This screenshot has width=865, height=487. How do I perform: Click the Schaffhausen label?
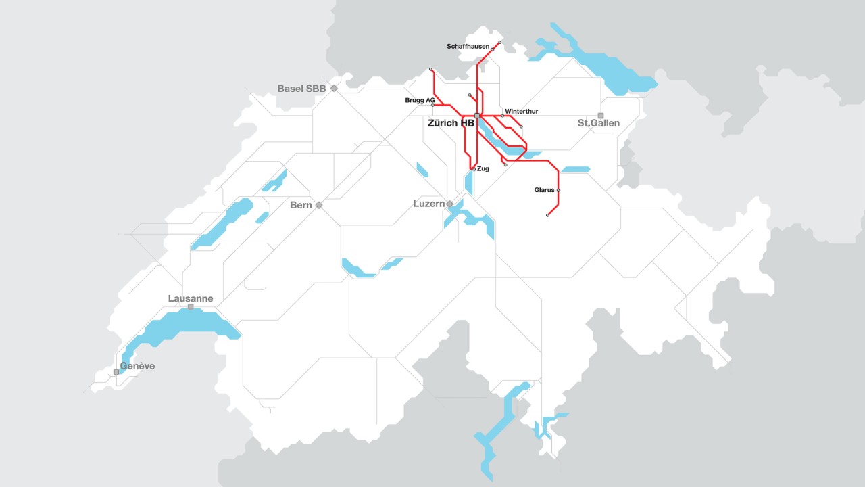468,47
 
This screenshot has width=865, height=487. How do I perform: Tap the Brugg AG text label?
419,100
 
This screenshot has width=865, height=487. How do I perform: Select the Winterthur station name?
521,111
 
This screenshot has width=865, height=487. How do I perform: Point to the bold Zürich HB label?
451,124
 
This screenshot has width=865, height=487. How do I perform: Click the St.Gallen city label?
598,124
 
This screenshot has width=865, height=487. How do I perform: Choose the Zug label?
483,169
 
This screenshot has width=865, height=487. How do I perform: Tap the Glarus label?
544,191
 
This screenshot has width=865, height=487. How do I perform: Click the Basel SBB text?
301,89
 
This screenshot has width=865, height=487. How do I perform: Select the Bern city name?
301,205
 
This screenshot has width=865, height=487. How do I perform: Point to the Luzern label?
428,204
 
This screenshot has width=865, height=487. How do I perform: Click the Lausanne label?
191,298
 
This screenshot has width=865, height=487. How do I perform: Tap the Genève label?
137,366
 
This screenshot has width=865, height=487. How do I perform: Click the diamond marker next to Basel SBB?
334,89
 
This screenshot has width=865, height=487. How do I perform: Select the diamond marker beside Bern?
319,205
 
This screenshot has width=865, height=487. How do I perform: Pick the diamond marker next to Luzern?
449,204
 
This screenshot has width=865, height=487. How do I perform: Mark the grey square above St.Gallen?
600,116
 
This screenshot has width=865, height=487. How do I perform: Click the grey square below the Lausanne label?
191,307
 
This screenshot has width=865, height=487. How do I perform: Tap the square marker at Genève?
116,372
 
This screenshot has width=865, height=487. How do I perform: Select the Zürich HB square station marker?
477,116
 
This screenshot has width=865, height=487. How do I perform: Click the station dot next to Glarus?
558,191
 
